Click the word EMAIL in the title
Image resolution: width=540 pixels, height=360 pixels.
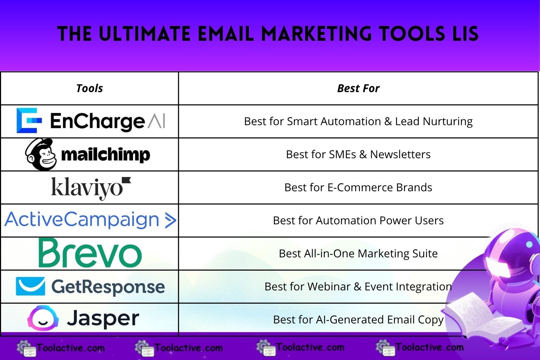click(x=226, y=33)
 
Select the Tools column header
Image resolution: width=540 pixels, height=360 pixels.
click(x=89, y=88)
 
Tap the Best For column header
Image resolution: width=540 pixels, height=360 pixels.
click(x=358, y=88)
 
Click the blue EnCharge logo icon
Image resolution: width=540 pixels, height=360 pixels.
click(x=29, y=120)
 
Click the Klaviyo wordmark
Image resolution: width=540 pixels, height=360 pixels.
click(x=91, y=188)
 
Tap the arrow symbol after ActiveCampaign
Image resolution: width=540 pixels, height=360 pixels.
click(x=171, y=220)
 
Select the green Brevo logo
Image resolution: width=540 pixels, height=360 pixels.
click(x=90, y=253)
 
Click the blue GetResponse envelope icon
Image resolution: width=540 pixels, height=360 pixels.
click(x=30, y=286)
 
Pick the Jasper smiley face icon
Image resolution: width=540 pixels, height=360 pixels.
click(x=43, y=318)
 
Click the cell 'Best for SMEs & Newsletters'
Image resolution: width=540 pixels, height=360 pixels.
click(x=358, y=154)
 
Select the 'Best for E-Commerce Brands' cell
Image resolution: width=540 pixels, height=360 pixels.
click(x=358, y=187)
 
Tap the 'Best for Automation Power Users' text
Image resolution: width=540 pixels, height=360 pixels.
click(x=358, y=220)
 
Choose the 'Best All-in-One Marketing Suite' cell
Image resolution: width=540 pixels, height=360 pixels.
click(x=358, y=253)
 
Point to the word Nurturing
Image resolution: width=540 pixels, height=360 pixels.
click(x=448, y=122)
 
